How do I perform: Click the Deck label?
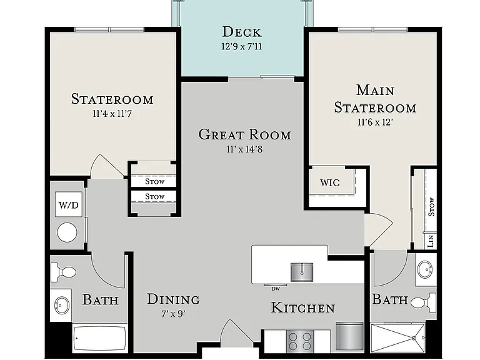(242, 32)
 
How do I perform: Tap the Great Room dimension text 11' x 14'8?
(244, 149)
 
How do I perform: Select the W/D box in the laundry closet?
(69, 204)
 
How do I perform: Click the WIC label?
(330, 182)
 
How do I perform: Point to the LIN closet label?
(431, 241)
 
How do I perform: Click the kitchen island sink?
(302, 272)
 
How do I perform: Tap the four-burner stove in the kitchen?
(300, 341)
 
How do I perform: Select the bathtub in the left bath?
(100, 339)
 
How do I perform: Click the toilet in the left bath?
(63, 272)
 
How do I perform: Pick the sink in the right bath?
(426, 270)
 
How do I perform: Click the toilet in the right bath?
(423, 302)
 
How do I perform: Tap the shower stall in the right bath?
(398, 337)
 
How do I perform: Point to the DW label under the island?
(276, 289)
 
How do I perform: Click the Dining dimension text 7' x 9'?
(174, 314)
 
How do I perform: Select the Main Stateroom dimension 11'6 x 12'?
(375, 122)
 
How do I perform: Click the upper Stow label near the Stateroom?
(155, 181)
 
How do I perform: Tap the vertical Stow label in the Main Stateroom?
(431, 207)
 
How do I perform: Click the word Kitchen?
(303, 307)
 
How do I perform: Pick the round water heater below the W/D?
(67, 232)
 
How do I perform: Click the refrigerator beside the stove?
(349, 336)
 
